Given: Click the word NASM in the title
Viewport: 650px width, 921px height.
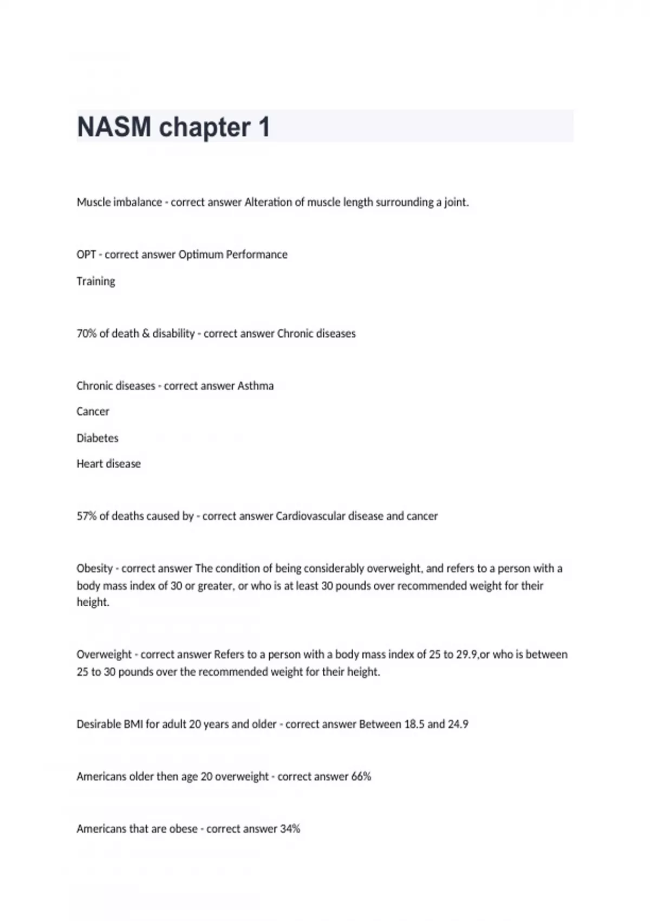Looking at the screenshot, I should pos(114,127).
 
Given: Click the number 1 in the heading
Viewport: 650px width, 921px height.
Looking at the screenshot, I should pos(264,127).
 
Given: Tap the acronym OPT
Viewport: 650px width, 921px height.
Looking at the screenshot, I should pos(86,255).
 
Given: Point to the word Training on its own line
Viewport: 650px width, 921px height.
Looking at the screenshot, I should pos(96,281).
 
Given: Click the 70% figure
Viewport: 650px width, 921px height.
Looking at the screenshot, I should pos(86,334).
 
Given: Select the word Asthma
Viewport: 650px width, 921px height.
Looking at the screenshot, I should pos(256,386).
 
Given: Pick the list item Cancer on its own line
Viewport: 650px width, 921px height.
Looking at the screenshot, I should pos(93,412).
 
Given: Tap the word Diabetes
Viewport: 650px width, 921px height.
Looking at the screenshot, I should pos(97,438).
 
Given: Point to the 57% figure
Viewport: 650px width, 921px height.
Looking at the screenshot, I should pos(86,516).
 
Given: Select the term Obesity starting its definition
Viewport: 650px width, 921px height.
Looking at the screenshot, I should pos(95,569).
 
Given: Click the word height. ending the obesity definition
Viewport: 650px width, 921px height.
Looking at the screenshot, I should pos(93,602).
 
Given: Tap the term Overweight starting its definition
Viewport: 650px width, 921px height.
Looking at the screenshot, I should pos(104,654).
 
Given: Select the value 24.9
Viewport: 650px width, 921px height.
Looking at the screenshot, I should pos(458,724).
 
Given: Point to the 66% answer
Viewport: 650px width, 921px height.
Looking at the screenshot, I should pos(361,777).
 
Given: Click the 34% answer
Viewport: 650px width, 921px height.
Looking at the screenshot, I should pos(290,829).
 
